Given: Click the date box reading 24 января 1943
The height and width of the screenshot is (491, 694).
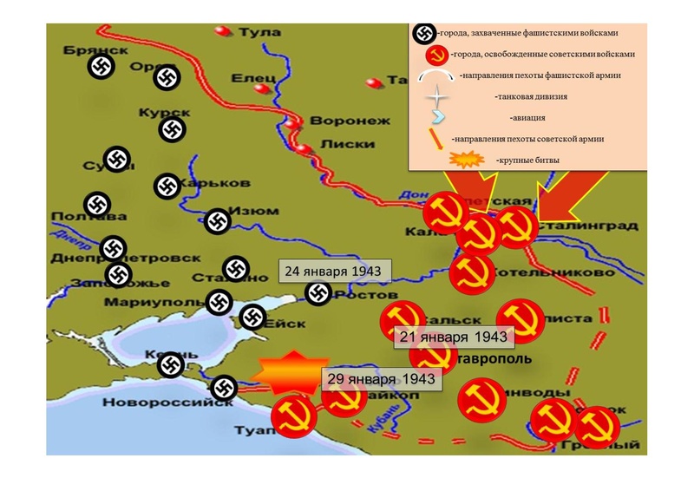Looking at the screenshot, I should pos(332,272).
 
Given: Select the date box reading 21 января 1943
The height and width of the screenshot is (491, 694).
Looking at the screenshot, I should pos(451,336).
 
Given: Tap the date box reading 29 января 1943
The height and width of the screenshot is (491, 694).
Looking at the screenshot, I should pos(378,379).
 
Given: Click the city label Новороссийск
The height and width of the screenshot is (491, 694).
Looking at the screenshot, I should pos(167,402).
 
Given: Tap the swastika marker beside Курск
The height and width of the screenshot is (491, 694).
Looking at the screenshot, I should pos(172,130).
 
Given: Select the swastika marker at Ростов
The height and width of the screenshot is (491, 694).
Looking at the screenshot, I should pos(318,293).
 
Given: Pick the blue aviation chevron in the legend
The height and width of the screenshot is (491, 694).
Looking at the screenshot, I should pos(440,116).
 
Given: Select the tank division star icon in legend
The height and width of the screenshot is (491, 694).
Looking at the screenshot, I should pos(438,95).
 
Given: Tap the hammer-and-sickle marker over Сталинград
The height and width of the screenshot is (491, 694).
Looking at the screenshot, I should pos(517,227).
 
